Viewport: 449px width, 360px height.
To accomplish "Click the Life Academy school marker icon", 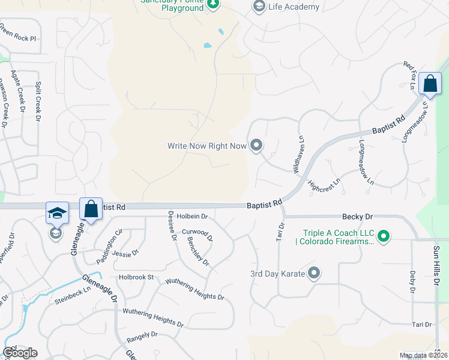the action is [x=259, y=7].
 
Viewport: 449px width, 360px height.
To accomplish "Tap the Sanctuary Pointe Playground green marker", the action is [x=212, y=5].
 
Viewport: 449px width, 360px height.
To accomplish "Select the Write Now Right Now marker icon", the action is [x=256, y=145].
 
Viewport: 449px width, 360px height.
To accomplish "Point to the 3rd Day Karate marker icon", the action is [x=314, y=274].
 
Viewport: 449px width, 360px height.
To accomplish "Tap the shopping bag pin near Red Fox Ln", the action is [x=430, y=84].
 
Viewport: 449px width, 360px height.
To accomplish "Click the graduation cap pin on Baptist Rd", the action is [x=57, y=212].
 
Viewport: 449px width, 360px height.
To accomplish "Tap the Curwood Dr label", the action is [x=197, y=233].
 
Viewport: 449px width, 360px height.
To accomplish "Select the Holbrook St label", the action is [x=136, y=277].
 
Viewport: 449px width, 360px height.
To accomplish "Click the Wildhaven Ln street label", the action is [x=298, y=155].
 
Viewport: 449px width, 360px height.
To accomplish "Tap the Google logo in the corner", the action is [x=20, y=353].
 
